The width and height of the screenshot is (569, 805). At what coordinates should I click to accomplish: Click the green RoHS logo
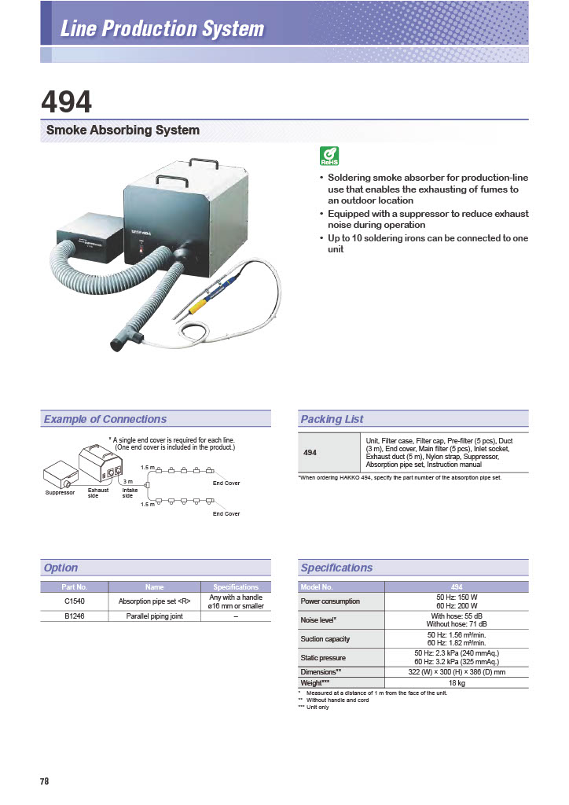(329, 156)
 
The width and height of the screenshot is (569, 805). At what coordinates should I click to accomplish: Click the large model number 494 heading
(67, 101)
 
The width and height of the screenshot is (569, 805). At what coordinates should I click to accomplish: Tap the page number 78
(45, 781)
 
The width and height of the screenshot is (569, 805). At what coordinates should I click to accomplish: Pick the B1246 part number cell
(74, 616)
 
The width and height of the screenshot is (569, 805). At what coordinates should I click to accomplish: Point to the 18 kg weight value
(456, 683)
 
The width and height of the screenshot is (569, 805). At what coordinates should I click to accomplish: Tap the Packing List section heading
(332, 419)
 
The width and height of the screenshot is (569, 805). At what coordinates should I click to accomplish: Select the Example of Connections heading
(105, 419)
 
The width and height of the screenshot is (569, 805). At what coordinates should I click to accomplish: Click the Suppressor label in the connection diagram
(60, 493)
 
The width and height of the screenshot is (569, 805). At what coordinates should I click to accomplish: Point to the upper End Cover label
(226, 483)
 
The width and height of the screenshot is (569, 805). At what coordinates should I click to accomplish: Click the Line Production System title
(162, 30)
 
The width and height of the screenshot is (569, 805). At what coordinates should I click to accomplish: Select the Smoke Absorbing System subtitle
(123, 130)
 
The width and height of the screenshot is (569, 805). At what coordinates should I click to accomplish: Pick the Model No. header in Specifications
(317, 587)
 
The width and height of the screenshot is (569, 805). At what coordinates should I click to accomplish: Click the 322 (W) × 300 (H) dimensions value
(456, 672)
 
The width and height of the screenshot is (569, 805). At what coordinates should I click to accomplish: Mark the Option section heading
(61, 568)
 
